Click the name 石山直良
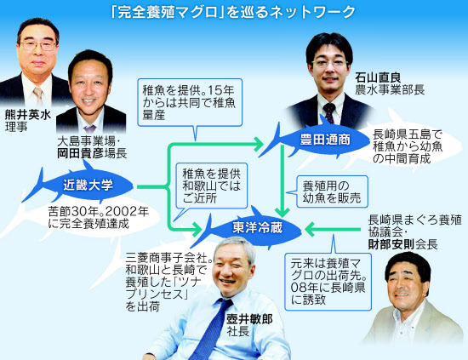378,77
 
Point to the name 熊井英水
28,115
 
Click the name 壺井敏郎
249,319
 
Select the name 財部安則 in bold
391,244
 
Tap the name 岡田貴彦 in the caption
80,153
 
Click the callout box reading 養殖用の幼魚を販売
332,191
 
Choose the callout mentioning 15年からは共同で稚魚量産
190,102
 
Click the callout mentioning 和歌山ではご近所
211,186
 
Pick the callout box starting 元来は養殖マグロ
328,282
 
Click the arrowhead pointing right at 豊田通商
258,145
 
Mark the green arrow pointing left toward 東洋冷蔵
333,230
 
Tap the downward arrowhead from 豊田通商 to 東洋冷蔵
282,212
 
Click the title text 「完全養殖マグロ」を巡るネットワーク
233,13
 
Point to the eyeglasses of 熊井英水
38,45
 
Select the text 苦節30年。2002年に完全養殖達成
98,218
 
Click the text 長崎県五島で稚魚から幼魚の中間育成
408,146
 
